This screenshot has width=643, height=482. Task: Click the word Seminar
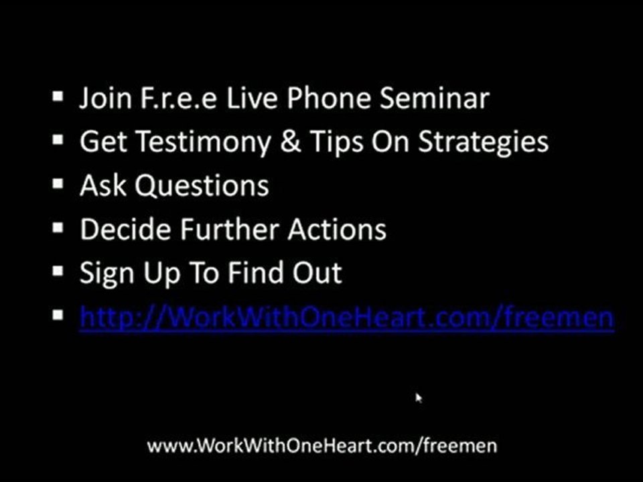(x=434, y=98)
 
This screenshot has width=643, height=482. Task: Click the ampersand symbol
(x=291, y=141)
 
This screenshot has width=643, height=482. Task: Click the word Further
(x=230, y=229)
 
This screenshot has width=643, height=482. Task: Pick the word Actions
(x=337, y=229)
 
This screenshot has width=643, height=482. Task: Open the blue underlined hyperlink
(x=347, y=317)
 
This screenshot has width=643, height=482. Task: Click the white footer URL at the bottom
(x=322, y=446)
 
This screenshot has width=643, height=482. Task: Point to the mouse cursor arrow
(x=418, y=398)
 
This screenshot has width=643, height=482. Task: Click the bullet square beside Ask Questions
(x=58, y=183)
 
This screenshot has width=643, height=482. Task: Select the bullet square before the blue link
(x=58, y=315)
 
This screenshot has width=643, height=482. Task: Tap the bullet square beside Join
(x=58, y=96)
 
